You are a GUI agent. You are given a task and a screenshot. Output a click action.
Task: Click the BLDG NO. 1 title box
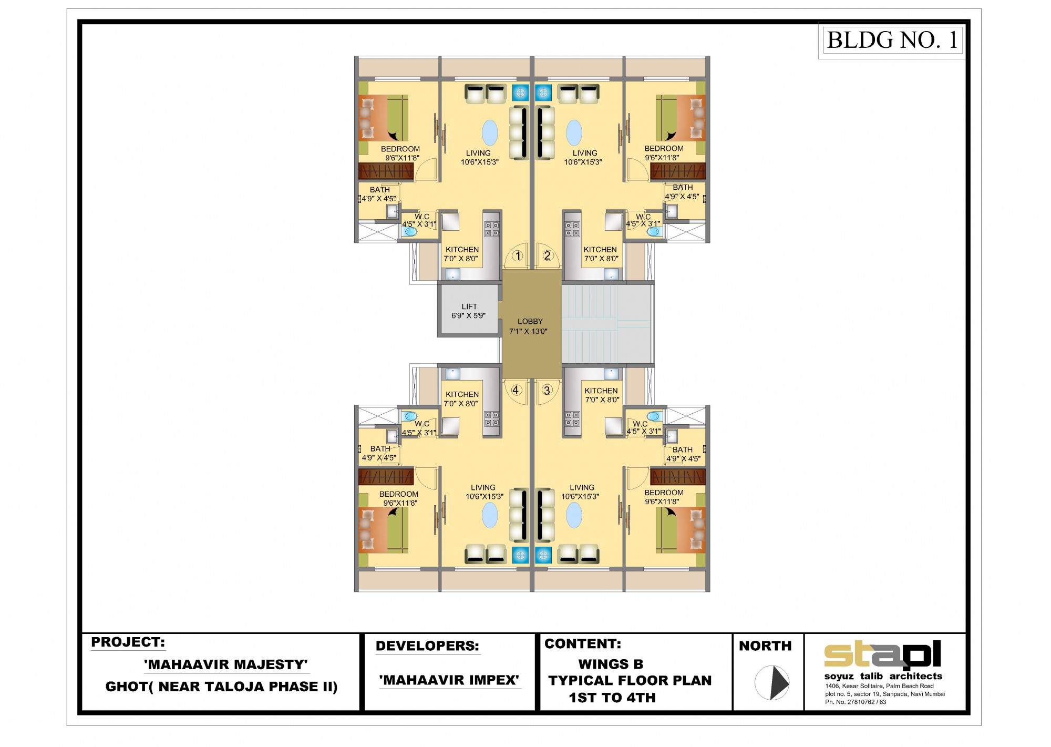tap(892, 40)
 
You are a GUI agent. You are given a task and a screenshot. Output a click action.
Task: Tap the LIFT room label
tap(469, 306)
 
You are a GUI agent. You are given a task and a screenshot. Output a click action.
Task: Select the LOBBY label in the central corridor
tap(530, 321)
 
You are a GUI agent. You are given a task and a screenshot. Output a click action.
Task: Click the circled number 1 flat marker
tap(518, 256)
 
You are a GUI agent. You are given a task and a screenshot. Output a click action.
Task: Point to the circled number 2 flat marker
tap(548, 255)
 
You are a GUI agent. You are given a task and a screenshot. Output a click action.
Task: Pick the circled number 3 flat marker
tap(547, 390)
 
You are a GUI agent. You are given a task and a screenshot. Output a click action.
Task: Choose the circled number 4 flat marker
tap(516, 390)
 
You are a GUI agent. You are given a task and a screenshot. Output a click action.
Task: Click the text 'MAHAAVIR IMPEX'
tap(449, 680)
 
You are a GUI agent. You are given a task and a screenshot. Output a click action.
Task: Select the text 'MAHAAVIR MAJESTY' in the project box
tap(226, 664)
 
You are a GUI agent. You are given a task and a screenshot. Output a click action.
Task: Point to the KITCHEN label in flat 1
tap(462, 250)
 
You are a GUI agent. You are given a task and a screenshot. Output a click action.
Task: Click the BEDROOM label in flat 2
tap(664, 149)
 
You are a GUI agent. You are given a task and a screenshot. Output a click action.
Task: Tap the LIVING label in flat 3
tap(582, 487)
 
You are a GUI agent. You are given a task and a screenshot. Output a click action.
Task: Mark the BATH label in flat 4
tap(380, 449)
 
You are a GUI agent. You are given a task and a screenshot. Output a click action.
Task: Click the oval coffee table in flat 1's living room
tap(490, 132)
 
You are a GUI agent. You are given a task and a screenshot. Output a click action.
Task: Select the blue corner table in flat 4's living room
tap(520, 555)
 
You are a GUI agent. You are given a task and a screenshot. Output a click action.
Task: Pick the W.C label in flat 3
tap(640, 424)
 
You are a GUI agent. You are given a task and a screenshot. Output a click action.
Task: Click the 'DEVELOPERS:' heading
tap(427, 646)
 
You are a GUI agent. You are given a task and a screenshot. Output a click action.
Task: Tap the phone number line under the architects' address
tap(856, 702)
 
